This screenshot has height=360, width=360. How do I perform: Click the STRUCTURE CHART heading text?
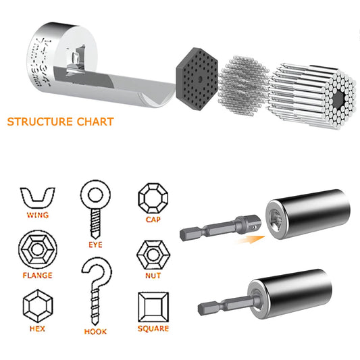point(60,122)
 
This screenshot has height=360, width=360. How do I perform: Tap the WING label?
point(38,215)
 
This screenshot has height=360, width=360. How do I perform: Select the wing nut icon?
point(38,198)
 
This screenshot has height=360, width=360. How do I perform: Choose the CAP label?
point(153,219)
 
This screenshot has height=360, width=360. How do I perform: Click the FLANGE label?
point(38,275)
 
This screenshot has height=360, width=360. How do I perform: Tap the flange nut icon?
point(38,251)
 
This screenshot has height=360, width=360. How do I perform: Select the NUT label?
point(152,275)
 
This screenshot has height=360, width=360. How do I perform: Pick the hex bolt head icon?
point(38,307)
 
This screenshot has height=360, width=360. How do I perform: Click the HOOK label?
point(95,332)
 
